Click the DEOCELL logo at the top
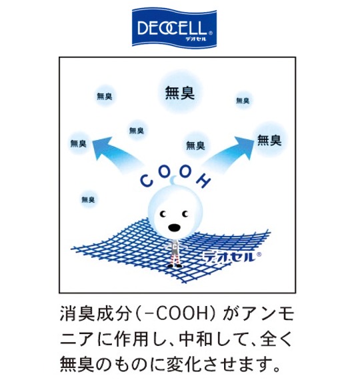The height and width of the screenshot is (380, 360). [174, 27]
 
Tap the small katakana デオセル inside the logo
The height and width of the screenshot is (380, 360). [195, 39]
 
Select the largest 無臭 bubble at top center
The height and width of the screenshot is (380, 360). [180, 93]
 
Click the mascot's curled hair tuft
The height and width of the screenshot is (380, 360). [173, 180]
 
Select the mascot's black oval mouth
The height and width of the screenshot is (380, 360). [174, 227]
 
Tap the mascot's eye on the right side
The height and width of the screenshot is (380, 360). [185, 214]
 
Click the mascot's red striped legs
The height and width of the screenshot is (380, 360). [175, 258]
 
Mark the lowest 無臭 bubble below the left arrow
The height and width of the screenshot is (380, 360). [88, 199]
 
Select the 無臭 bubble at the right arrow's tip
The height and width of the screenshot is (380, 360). [269, 141]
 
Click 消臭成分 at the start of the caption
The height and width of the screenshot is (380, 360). [95, 314]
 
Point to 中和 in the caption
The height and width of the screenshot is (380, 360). [195, 338]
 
